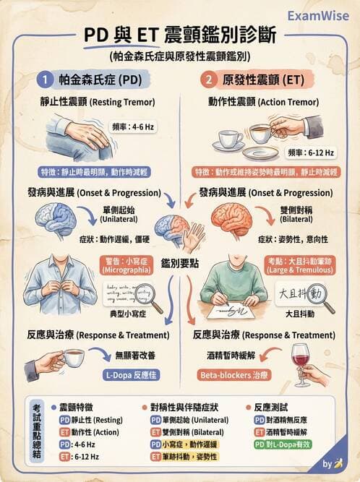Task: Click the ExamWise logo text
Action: pos(318,16)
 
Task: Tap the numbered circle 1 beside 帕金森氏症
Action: pos(45,79)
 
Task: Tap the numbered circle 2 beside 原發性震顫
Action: pos(210,79)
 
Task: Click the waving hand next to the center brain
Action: pos(194,238)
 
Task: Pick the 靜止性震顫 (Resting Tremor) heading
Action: pos(86,103)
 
